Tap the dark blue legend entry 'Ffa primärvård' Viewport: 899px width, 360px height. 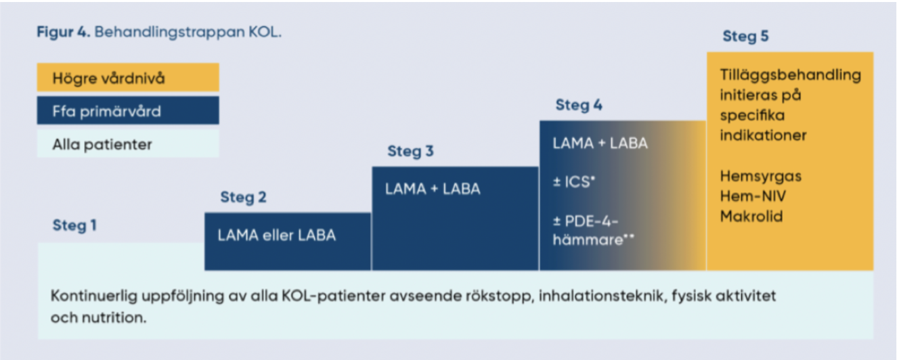(x=106, y=111)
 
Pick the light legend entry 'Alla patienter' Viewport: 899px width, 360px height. (x=102, y=144)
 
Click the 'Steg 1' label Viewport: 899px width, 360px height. (x=74, y=225)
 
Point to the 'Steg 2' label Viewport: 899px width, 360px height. (x=243, y=198)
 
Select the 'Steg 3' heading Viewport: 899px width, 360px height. (x=410, y=151)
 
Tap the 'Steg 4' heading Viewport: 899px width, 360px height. (x=579, y=105)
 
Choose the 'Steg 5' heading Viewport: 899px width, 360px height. (x=745, y=36)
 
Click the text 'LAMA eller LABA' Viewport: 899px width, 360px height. (x=276, y=236)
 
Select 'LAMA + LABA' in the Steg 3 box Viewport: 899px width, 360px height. (x=433, y=189)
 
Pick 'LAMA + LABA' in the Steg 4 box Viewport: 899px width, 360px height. (x=600, y=143)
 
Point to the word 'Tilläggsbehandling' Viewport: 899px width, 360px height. (x=790, y=75)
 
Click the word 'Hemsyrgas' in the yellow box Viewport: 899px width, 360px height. (x=760, y=176)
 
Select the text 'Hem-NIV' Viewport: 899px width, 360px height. (x=753, y=196)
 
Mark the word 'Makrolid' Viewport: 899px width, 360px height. (x=751, y=217)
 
